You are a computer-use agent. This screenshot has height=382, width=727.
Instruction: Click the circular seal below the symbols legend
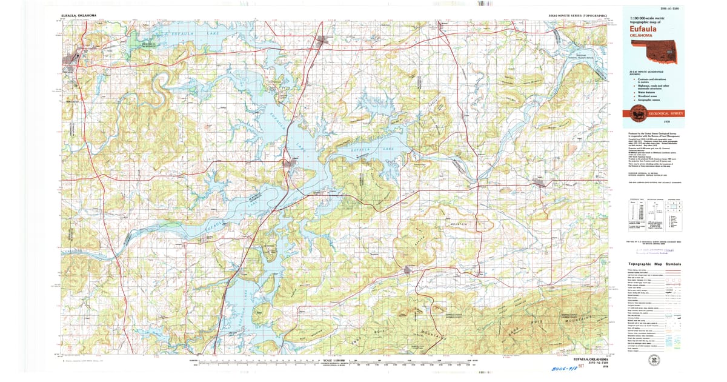tap(654, 360)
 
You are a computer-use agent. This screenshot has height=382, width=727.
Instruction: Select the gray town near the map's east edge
tap(538, 183)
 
